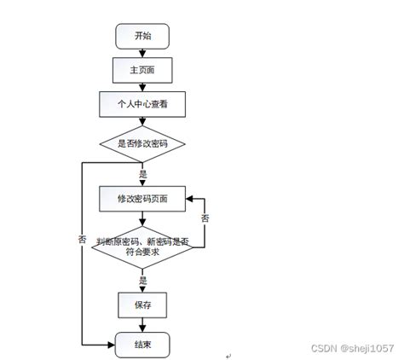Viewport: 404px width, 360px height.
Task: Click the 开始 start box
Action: (142, 36)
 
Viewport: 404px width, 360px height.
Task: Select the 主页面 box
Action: (142, 68)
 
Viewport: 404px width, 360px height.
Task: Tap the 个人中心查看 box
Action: (142, 104)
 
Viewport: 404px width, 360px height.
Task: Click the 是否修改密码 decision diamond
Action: (142, 143)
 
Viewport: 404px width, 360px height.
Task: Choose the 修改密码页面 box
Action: (142, 199)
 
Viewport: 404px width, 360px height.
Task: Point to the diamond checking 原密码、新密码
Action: (142, 245)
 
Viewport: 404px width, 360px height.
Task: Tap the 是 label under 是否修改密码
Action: (142, 173)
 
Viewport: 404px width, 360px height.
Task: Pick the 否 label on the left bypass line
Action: (82, 241)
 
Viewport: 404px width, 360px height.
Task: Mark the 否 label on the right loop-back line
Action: (205, 219)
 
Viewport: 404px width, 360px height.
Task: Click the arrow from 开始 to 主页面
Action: (142, 52)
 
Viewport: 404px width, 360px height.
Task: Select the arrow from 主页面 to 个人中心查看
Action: (142, 85)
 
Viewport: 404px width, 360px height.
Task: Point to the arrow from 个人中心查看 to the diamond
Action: (142, 122)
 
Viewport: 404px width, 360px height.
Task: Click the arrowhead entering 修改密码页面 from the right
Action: (189, 199)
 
